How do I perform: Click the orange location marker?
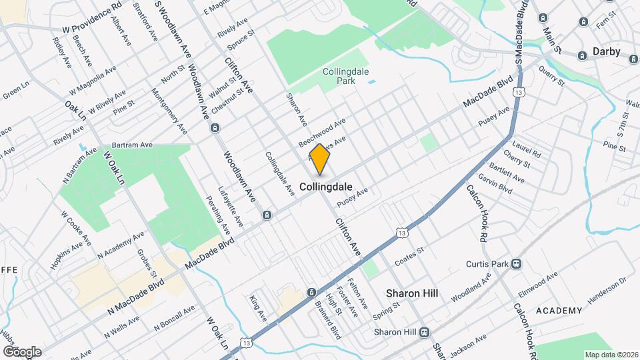(320, 159)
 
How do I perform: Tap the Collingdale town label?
(326, 187)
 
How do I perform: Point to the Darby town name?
(606, 51)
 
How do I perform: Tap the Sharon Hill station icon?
(424, 332)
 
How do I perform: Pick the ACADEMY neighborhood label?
(559, 311)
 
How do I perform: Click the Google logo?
(22, 351)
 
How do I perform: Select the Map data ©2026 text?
(611, 354)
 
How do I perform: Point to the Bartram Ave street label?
(132, 145)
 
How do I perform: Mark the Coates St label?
(409, 255)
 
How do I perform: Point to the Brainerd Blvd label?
(328, 319)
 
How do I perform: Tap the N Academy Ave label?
(121, 245)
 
